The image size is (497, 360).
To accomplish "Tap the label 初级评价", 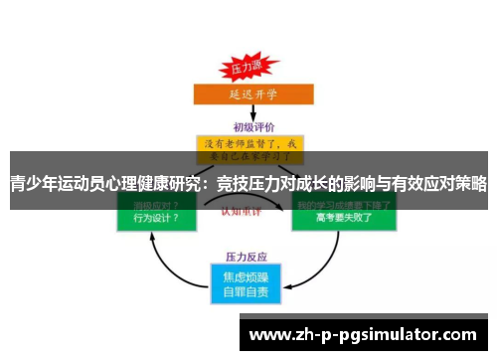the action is [248, 127].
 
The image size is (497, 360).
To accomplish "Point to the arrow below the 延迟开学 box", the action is [247, 114].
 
